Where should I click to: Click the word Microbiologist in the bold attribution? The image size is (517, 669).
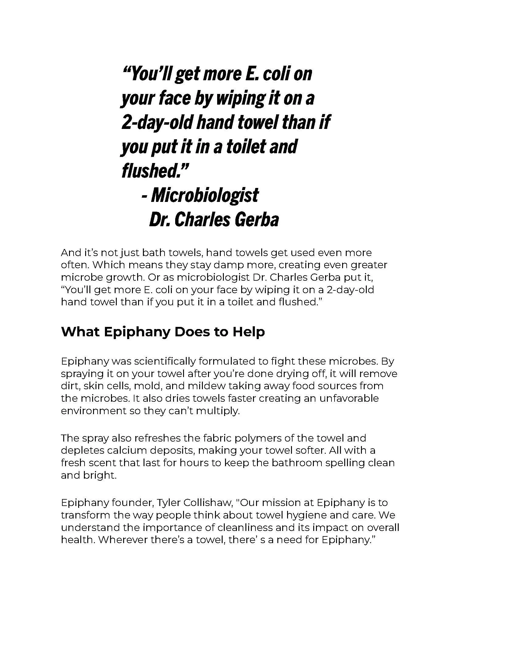[205, 196]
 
